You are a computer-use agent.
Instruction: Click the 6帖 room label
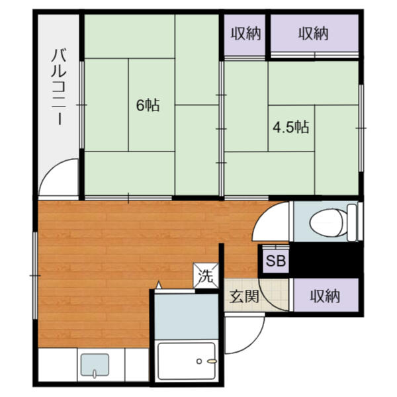pyautogui.click(x=148, y=105)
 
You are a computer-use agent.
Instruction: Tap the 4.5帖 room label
pyautogui.click(x=291, y=126)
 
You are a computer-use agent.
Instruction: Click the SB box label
pyautogui.click(x=275, y=261)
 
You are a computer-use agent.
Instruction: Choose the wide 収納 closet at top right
pyautogui.click(x=313, y=33)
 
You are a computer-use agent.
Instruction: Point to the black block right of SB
pyautogui.click(x=325, y=259)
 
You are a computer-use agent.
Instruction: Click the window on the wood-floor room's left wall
pyautogui.click(x=35, y=271)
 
